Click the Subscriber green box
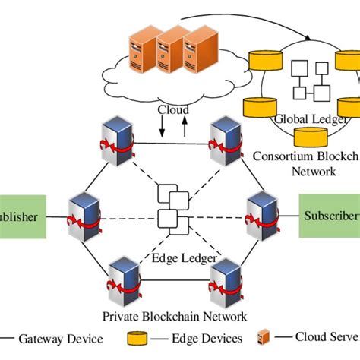pos(330,215)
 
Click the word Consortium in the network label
pos(279,156)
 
